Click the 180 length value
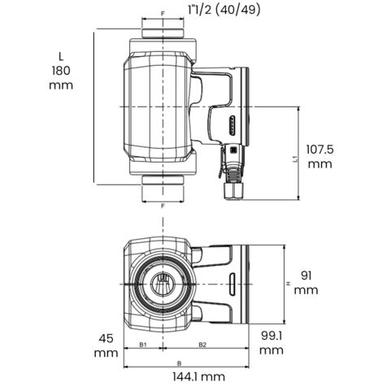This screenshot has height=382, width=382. coord(61,71)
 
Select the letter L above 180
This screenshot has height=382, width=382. coord(61,54)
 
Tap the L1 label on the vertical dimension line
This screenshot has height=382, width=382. coord(293,160)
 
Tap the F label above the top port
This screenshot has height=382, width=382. coord(163,15)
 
